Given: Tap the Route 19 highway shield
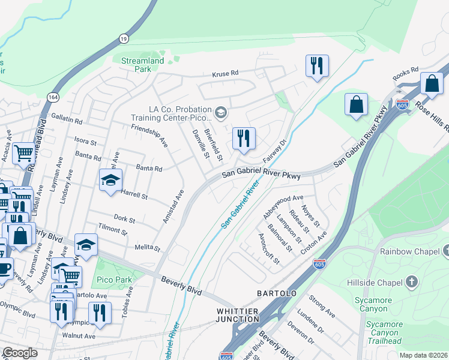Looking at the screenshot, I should click(124, 38).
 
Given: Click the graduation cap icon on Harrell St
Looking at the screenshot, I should click(110, 179).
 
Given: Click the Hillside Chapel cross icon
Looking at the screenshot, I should click(411, 281).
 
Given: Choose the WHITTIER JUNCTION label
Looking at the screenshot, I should click(238, 316).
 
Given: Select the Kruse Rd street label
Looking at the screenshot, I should click(225, 74).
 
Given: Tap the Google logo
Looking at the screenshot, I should click(20, 352).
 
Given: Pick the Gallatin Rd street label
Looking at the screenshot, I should click(65, 118).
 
